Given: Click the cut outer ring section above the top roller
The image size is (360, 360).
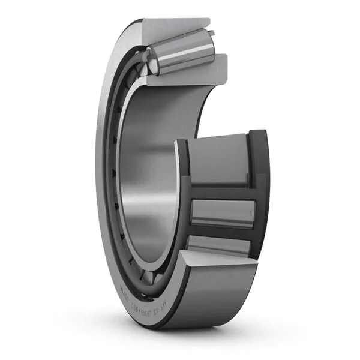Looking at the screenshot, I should (x=174, y=28).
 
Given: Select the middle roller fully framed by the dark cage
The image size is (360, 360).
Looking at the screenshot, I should (x=222, y=212).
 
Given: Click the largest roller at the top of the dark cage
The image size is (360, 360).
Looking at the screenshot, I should (x=219, y=159).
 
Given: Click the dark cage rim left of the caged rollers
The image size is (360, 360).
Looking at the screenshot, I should (x=183, y=198).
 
